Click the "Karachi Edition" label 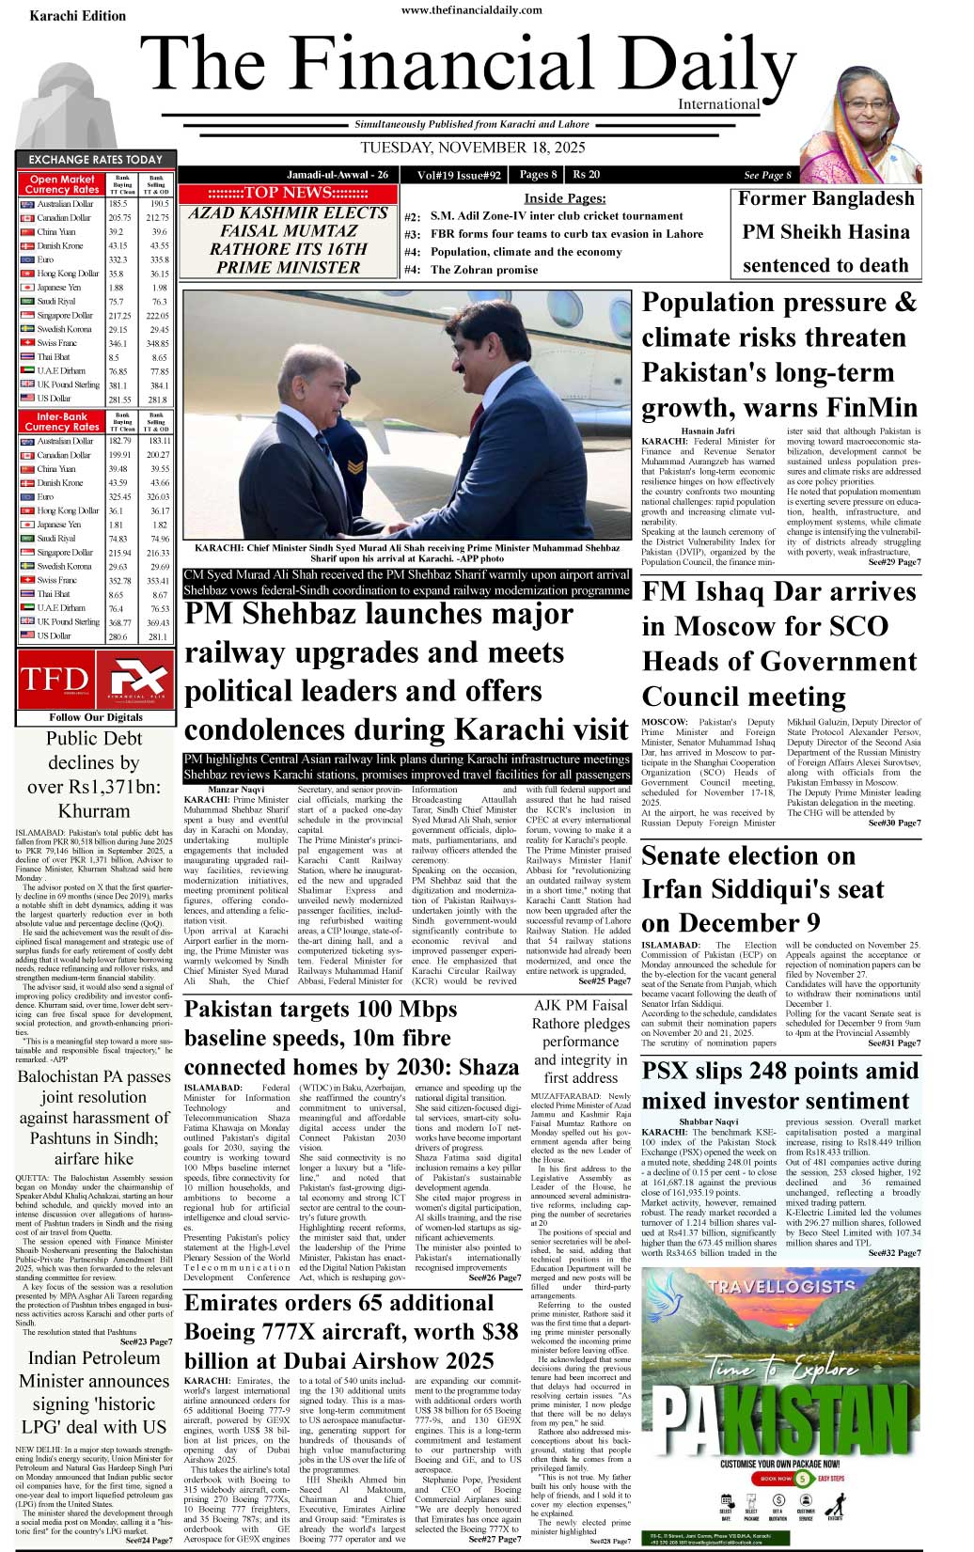[x=77, y=15]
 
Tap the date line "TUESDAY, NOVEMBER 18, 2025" [x=472, y=149]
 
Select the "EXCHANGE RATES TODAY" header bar [x=95, y=160]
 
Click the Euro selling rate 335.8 [x=159, y=259]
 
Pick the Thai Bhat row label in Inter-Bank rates [x=54, y=594]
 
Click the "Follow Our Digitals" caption [x=96, y=717]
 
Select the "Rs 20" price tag [x=586, y=174]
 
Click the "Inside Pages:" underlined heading [x=564, y=197]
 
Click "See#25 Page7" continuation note [x=605, y=981]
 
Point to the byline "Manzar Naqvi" [x=236, y=789]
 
